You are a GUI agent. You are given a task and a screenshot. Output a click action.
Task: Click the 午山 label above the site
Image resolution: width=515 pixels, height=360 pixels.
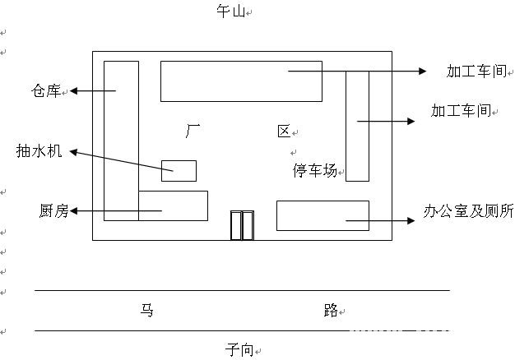[x=232, y=12]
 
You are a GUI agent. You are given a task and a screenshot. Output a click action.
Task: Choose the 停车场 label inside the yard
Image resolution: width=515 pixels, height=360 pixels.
[x=315, y=171]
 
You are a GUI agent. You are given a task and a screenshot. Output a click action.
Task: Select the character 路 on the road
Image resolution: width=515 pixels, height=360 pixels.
[x=331, y=311]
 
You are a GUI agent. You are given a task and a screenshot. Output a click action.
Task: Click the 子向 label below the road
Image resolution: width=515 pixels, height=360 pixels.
[x=239, y=348]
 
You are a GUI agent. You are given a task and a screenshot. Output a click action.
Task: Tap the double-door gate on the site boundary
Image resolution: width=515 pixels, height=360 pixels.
[x=242, y=225]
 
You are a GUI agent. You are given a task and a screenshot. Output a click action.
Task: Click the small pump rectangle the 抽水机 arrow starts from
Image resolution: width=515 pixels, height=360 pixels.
[x=179, y=170]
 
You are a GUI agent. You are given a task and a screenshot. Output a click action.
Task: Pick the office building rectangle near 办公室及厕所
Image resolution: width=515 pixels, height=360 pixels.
[x=322, y=215]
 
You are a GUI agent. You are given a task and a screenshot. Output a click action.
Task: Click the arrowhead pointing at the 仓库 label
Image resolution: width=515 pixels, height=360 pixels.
[x=75, y=90]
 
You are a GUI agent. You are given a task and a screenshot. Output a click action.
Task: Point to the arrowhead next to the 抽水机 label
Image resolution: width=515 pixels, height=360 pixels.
[x=72, y=151]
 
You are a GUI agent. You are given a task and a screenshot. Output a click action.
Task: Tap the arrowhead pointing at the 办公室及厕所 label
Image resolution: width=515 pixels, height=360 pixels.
[x=414, y=220]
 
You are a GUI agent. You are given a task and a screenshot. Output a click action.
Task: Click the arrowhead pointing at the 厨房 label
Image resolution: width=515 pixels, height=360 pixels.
[x=75, y=212]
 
